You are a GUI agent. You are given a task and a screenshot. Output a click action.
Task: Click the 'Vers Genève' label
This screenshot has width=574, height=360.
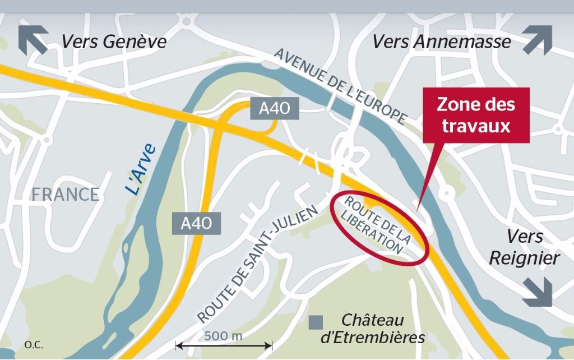[x=114, y=42]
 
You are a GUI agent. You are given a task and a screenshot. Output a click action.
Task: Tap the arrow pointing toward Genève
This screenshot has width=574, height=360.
[x=33, y=40]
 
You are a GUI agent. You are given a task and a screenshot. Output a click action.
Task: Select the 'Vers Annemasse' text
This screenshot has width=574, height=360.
[x=442, y=42]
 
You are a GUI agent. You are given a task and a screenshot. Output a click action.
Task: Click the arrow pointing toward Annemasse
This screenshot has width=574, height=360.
[x=538, y=40]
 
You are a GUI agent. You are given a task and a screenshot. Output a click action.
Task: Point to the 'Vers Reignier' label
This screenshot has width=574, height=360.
[x=524, y=247]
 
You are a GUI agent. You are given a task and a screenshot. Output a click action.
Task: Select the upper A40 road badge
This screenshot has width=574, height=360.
[x=275, y=108]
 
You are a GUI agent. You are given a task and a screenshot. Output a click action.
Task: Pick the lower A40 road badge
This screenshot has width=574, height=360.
[x=196, y=223]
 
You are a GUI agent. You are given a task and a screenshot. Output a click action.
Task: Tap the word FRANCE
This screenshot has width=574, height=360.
[x=65, y=195]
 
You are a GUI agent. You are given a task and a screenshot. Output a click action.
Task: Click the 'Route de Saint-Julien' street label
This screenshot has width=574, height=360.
[x=257, y=264]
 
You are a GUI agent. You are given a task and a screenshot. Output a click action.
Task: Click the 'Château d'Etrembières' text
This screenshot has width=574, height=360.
[x=372, y=329]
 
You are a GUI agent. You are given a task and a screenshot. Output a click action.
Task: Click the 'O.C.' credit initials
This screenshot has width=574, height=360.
[x=33, y=344]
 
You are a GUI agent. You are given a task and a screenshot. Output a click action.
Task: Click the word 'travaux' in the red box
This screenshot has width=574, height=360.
[x=476, y=126]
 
